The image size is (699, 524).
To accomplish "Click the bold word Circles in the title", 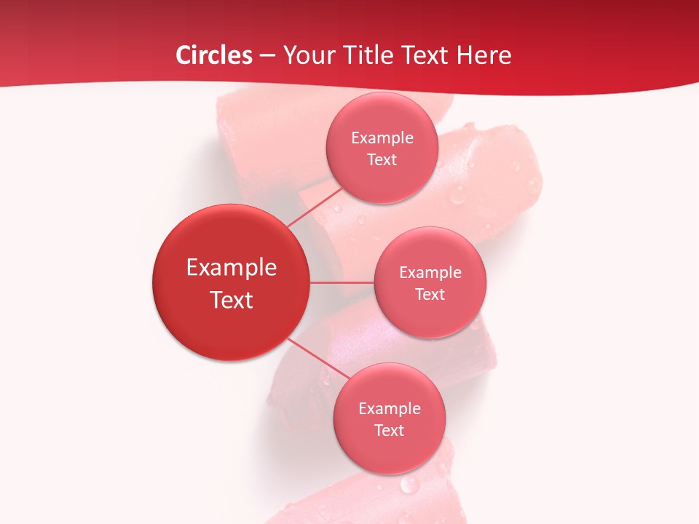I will pos(214,55).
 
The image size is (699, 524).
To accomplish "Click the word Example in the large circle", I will pos(232,268).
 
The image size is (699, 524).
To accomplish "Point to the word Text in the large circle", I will pos(232,300).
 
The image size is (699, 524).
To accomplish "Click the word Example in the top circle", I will pos(382,138).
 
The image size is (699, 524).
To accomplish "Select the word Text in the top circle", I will pos(382,160).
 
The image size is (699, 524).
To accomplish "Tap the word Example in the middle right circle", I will pos(430,273).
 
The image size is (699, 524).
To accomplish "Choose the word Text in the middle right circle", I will pos(430,294).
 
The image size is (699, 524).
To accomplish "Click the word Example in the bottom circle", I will pos(390,409).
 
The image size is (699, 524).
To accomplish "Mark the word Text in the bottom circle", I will pos(390,430).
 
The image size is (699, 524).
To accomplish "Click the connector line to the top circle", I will pos(315,207).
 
